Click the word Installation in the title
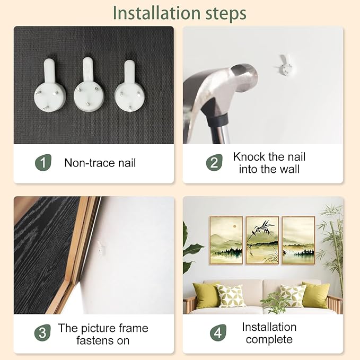157,13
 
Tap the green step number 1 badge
43,163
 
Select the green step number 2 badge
214,163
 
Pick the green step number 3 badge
42,332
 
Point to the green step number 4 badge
218,332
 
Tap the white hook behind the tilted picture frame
101,248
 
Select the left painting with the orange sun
226,240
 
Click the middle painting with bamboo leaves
262,240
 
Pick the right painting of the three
298,240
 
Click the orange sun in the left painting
235,226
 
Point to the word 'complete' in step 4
269,339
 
